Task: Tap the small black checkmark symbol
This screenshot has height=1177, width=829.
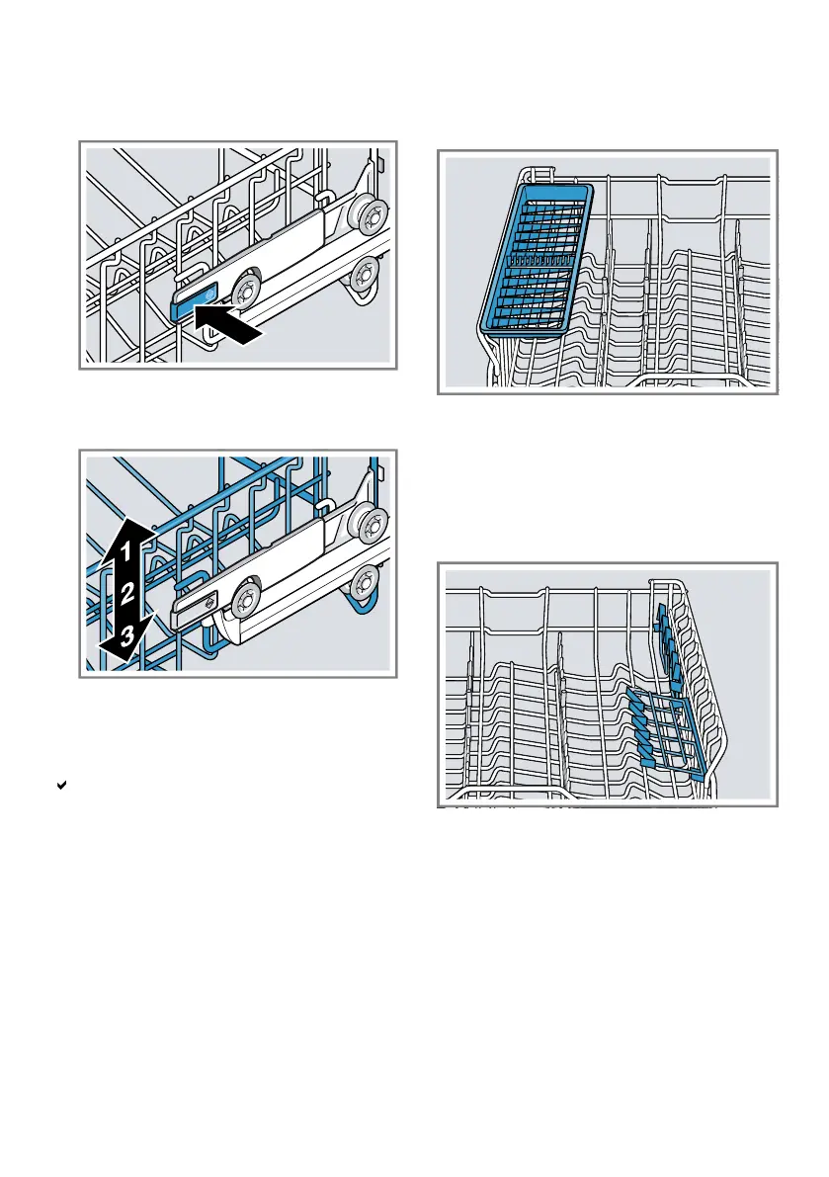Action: click(x=61, y=785)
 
